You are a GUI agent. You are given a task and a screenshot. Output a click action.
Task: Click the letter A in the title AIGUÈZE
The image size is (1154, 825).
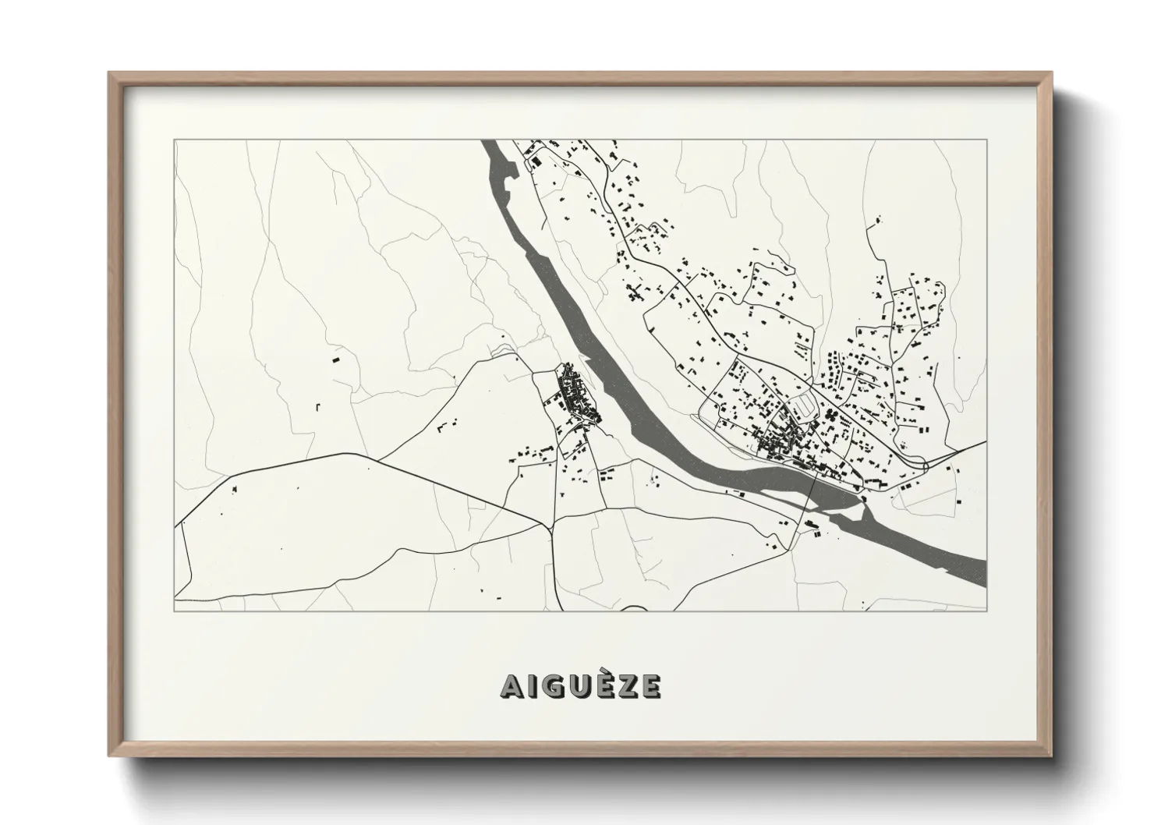coord(511,685)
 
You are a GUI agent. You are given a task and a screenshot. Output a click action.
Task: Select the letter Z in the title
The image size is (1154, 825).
coord(629,685)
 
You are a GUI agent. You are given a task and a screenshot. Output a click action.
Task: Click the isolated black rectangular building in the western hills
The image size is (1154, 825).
coord(337,361)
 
